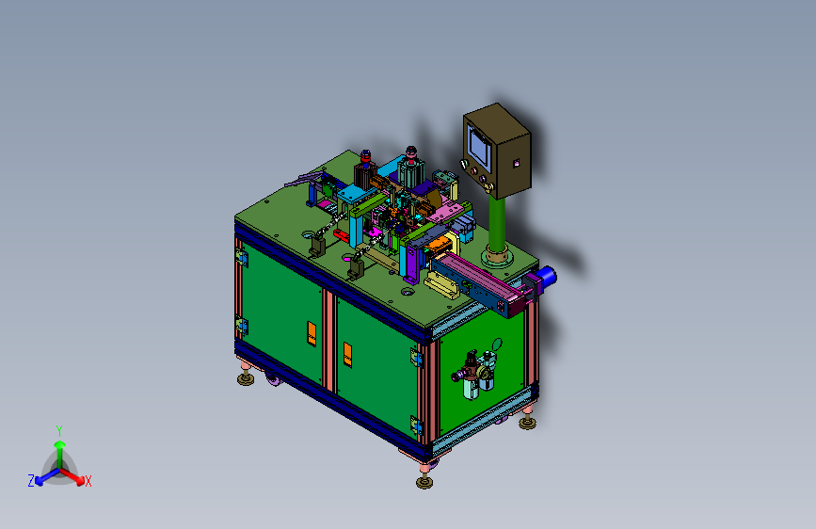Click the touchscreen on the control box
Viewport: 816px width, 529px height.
(x=479, y=144)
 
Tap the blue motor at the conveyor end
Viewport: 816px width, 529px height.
(x=546, y=277)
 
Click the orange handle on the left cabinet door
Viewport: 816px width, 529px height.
(x=312, y=334)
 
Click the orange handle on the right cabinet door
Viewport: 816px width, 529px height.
(x=347, y=355)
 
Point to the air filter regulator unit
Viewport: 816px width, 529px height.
(x=476, y=374)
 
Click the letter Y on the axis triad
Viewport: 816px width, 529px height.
(x=59, y=431)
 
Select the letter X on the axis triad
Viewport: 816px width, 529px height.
(x=88, y=482)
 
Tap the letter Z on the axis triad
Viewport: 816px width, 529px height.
(x=31, y=481)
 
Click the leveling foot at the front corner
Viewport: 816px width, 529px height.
(x=424, y=478)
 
